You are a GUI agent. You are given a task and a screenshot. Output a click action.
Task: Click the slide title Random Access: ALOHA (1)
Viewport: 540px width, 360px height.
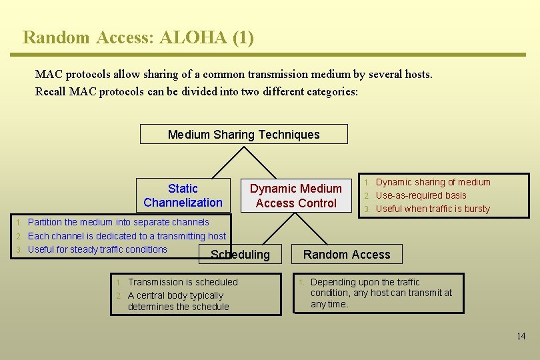point(138,37)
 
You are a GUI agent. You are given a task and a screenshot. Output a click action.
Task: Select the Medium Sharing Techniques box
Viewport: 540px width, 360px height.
point(243,134)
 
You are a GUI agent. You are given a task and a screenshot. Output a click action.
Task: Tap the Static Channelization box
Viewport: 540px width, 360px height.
point(183,195)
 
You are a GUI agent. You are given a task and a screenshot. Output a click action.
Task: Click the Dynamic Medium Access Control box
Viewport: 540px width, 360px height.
point(295,195)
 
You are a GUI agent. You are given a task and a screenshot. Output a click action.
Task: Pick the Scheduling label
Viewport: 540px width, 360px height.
point(240,254)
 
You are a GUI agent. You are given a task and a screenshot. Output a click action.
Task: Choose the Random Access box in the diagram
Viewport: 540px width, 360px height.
point(347,253)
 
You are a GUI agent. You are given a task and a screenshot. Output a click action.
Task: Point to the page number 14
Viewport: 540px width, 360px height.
point(521,336)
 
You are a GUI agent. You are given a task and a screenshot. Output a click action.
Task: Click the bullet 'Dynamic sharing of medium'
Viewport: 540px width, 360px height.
point(433,182)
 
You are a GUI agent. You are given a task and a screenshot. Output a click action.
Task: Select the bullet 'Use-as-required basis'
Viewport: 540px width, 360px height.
point(421,195)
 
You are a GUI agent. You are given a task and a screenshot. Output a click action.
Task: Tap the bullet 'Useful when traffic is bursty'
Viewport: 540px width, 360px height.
point(433,209)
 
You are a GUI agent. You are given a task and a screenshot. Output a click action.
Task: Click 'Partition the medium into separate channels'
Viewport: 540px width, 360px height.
point(118,222)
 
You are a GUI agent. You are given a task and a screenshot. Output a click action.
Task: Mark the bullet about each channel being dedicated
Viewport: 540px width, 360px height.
point(127,236)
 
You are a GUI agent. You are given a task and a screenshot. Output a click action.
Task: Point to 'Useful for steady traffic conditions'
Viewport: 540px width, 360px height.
point(97,249)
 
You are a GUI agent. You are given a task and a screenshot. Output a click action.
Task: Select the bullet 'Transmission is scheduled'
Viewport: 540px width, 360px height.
point(182,282)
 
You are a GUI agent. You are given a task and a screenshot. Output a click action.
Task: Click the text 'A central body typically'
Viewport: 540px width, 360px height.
point(175,295)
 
